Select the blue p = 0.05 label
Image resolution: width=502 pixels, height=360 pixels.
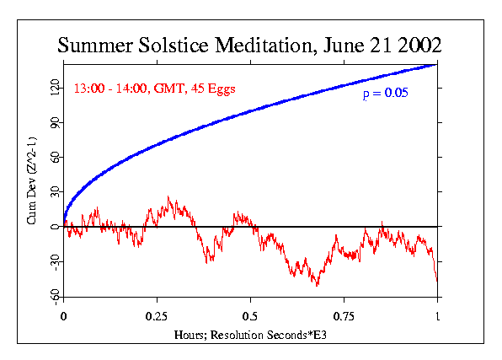(x=385, y=94)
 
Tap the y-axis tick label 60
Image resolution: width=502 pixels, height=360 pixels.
(x=53, y=157)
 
